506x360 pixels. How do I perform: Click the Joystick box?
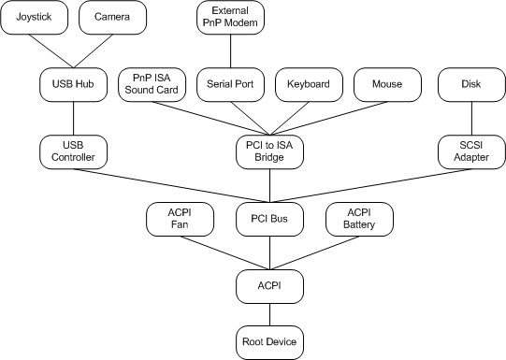coord(34,17)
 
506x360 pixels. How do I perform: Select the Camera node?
coord(113,17)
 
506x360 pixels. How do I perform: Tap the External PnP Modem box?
coord(231,17)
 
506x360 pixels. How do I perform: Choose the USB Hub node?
coord(74,84)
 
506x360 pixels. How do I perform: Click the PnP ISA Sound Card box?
coord(152,84)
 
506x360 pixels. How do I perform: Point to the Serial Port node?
coord(231,84)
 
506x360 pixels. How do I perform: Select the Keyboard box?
coord(309,84)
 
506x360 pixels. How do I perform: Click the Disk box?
coord(471,84)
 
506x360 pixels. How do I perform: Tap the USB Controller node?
coord(74,151)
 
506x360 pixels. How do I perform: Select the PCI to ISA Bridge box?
coord(270,151)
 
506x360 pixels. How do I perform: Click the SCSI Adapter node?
coord(471,151)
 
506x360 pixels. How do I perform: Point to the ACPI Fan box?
coord(181,220)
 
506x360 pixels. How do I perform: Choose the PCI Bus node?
coord(270,220)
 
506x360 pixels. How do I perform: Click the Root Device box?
coord(270,342)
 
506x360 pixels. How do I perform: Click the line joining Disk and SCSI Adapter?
coord(471,118)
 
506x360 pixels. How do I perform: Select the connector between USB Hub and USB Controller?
coord(74,118)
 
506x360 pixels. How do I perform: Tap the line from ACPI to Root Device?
coord(270,311)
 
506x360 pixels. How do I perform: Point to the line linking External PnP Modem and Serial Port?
coord(231,50)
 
